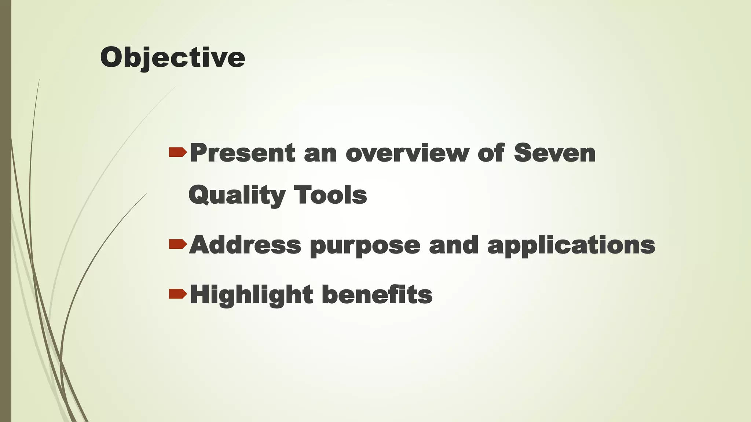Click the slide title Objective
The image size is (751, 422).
pyautogui.click(x=172, y=58)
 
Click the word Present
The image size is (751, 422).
pyautogui.click(x=242, y=153)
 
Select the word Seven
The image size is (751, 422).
pyautogui.click(x=554, y=153)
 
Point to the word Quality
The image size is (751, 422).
pyautogui.click(x=237, y=195)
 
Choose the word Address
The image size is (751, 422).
pyautogui.click(x=245, y=245)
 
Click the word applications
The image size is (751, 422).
pyautogui.click(x=571, y=245)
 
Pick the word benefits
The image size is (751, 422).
pyautogui.click(x=377, y=295)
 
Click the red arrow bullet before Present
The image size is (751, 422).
pyautogui.click(x=178, y=152)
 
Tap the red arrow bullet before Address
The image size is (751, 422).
pyautogui.click(x=178, y=244)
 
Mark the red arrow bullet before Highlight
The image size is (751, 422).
pyautogui.click(x=178, y=294)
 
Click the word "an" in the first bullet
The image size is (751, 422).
pyautogui.click(x=320, y=155)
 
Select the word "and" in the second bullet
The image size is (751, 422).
pyautogui.click(x=454, y=245)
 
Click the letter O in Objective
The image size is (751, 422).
pyautogui.click(x=112, y=58)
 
